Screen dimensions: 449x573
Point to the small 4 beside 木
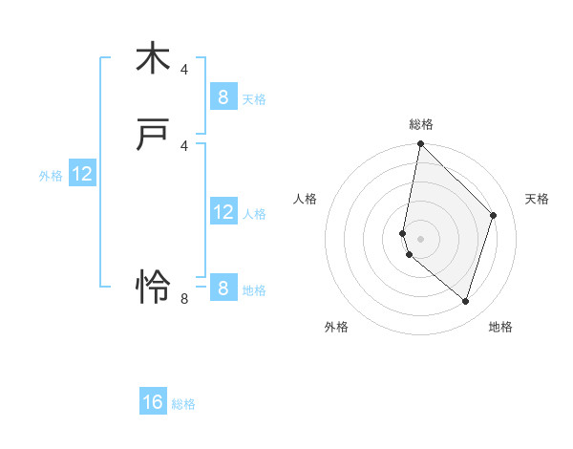184,69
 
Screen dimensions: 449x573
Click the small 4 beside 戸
184,145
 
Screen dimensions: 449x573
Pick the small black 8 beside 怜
184,298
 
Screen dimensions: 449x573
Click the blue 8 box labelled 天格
223,96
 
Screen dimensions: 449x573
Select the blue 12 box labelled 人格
223,211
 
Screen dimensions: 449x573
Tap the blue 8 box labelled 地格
223,288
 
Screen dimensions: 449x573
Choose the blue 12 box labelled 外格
82,174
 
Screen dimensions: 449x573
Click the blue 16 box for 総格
153,402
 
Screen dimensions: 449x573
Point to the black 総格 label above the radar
421,123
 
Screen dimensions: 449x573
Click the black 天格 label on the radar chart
537,199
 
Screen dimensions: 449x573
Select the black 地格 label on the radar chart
500,327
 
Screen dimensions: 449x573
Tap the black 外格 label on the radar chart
336,327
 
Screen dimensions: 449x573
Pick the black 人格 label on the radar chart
306,199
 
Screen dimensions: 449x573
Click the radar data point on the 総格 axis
420,144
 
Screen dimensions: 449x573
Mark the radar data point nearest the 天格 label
494,215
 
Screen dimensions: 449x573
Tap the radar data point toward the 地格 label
465,301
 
